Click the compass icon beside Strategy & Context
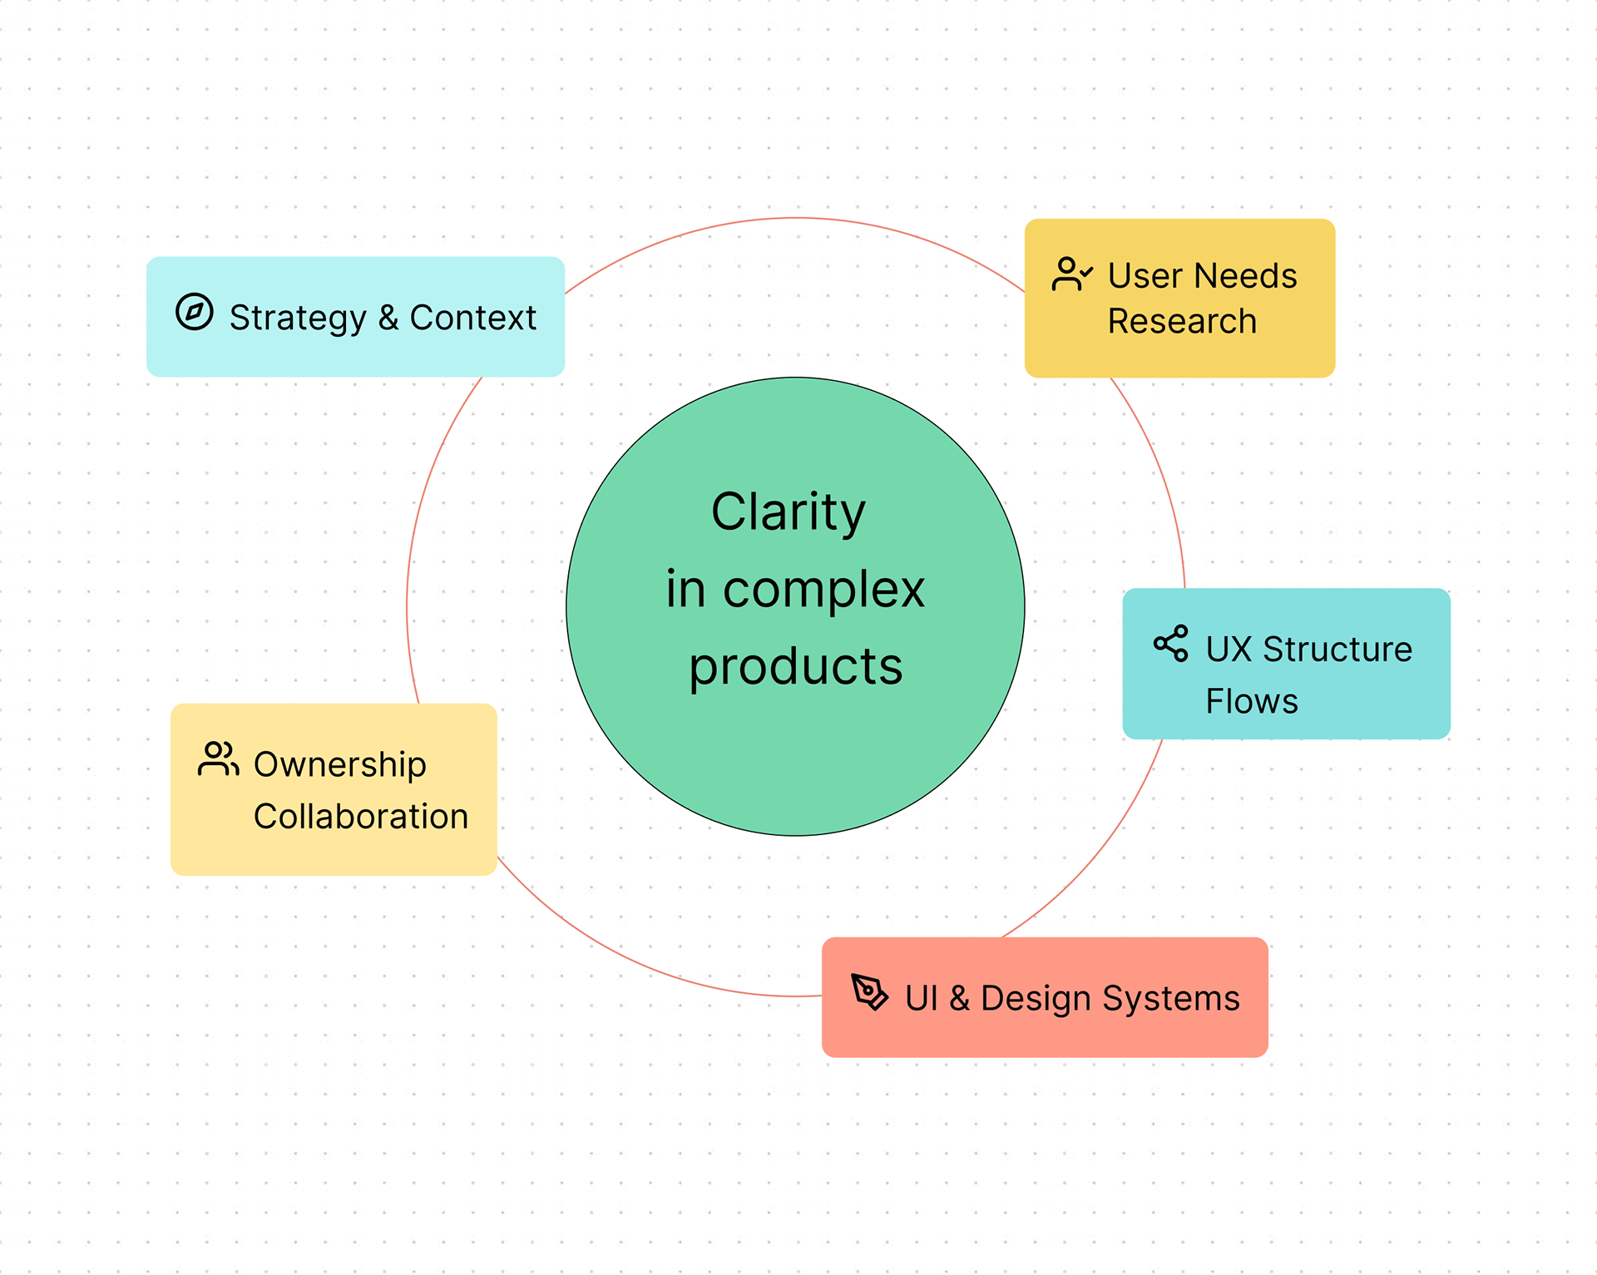(x=195, y=313)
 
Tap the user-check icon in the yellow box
(x=1071, y=274)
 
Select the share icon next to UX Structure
(x=1170, y=644)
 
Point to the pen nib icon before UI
(x=869, y=991)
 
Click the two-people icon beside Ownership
(x=218, y=759)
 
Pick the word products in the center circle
(x=795, y=666)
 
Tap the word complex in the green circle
(x=823, y=590)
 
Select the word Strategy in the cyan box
(x=298, y=319)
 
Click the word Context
(x=472, y=318)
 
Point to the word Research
(x=1182, y=321)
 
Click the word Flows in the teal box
(x=1252, y=701)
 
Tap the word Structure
(x=1337, y=649)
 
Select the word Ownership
(x=339, y=765)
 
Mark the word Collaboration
(x=361, y=816)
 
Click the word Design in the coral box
(x=1036, y=998)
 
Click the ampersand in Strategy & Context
(x=388, y=318)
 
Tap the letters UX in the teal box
(x=1229, y=649)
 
